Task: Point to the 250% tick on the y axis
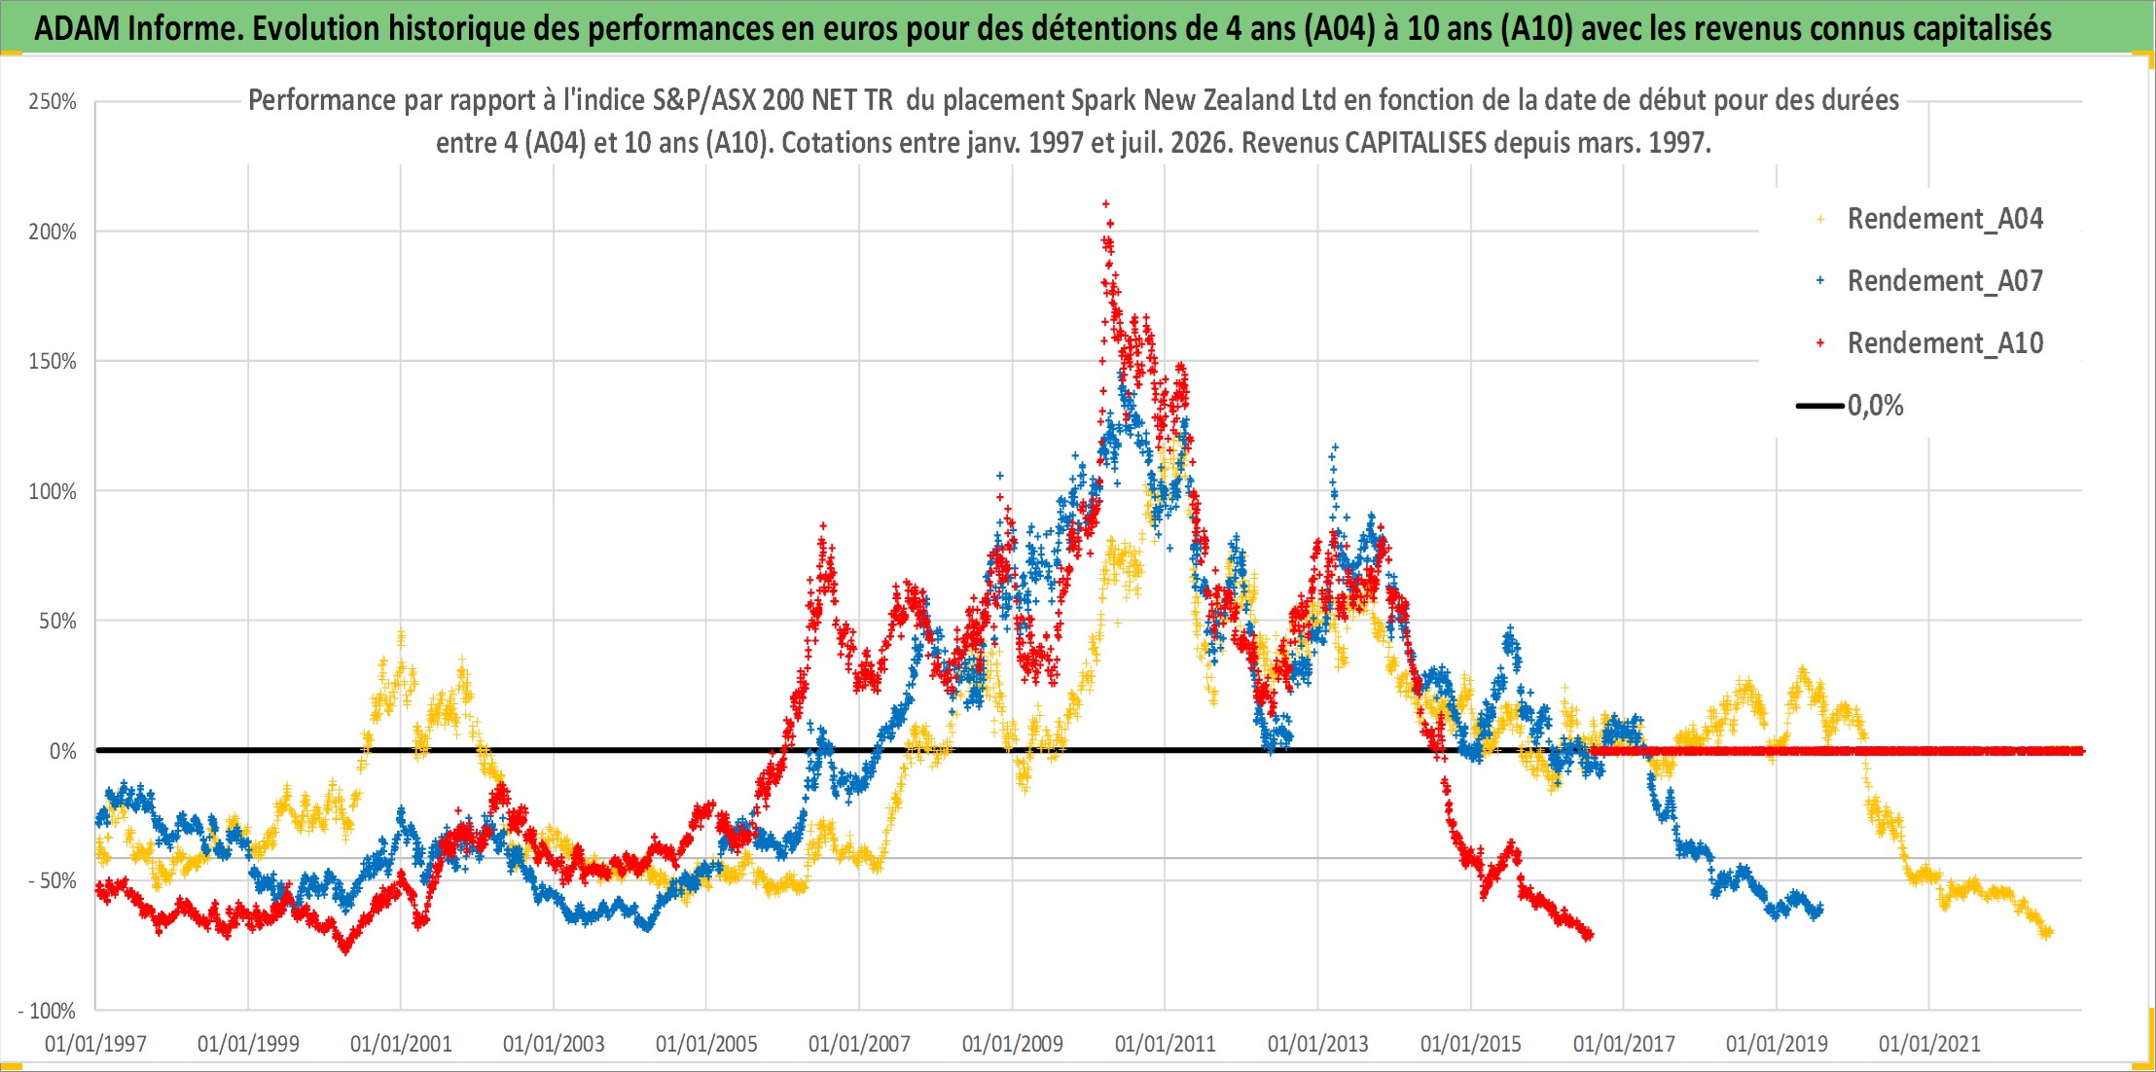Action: pyautogui.click(x=53, y=101)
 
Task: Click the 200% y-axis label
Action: pyautogui.click(x=53, y=232)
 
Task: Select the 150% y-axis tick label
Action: pyautogui.click(x=53, y=361)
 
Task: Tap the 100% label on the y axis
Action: pyautogui.click(x=53, y=491)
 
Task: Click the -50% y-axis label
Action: pyautogui.click(x=52, y=880)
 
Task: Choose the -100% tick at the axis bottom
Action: pyautogui.click(x=47, y=1011)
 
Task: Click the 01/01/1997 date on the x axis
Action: pyautogui.click(x=95, y=1044)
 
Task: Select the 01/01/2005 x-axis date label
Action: pyautogui.click(x=706, y=1044)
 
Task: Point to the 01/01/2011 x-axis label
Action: pyautogui.click(x=1166, y=1044)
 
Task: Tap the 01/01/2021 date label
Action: pyautogui.click(x=1929, y=1044)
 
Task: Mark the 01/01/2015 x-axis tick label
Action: pyautogui.click(x=1471, y=1044)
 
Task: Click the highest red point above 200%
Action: pyautogui.click(x=1105, y=203)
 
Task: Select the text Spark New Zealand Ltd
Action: pyautogui.click(x=1204, y=100)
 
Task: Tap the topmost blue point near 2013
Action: pyautogui.click(x=1335, y=447)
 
